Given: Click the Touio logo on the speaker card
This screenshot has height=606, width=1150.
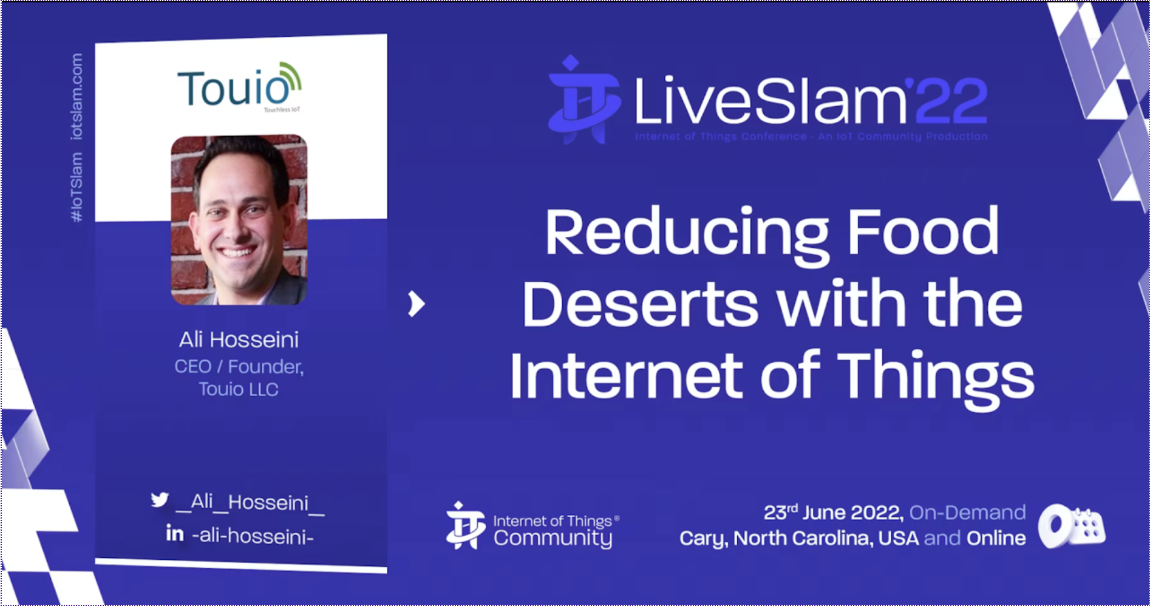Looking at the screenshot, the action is (239, 87).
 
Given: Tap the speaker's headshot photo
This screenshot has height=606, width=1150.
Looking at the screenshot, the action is (239, 219).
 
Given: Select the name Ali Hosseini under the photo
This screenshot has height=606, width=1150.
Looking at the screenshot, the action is (239, 339).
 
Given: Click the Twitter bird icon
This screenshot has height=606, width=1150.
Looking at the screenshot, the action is (160, 500).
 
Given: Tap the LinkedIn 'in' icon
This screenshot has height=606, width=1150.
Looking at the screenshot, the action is (175, 533).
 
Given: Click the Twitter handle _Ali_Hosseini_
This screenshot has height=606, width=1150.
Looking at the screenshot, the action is (250, 503).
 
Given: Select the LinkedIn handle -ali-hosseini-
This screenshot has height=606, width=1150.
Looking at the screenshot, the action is (253, 536).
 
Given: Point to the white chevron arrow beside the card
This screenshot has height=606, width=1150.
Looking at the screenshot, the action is (416, 304).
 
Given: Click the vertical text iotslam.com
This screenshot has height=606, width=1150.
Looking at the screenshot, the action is (77, 97).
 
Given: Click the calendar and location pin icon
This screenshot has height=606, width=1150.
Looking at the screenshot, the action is (1072, 526).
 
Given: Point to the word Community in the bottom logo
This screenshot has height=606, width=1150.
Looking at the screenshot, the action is (553, 539).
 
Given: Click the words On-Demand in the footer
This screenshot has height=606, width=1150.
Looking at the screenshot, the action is (968, 512).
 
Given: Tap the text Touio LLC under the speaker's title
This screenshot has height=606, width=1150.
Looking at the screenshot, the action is (239, 389).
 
